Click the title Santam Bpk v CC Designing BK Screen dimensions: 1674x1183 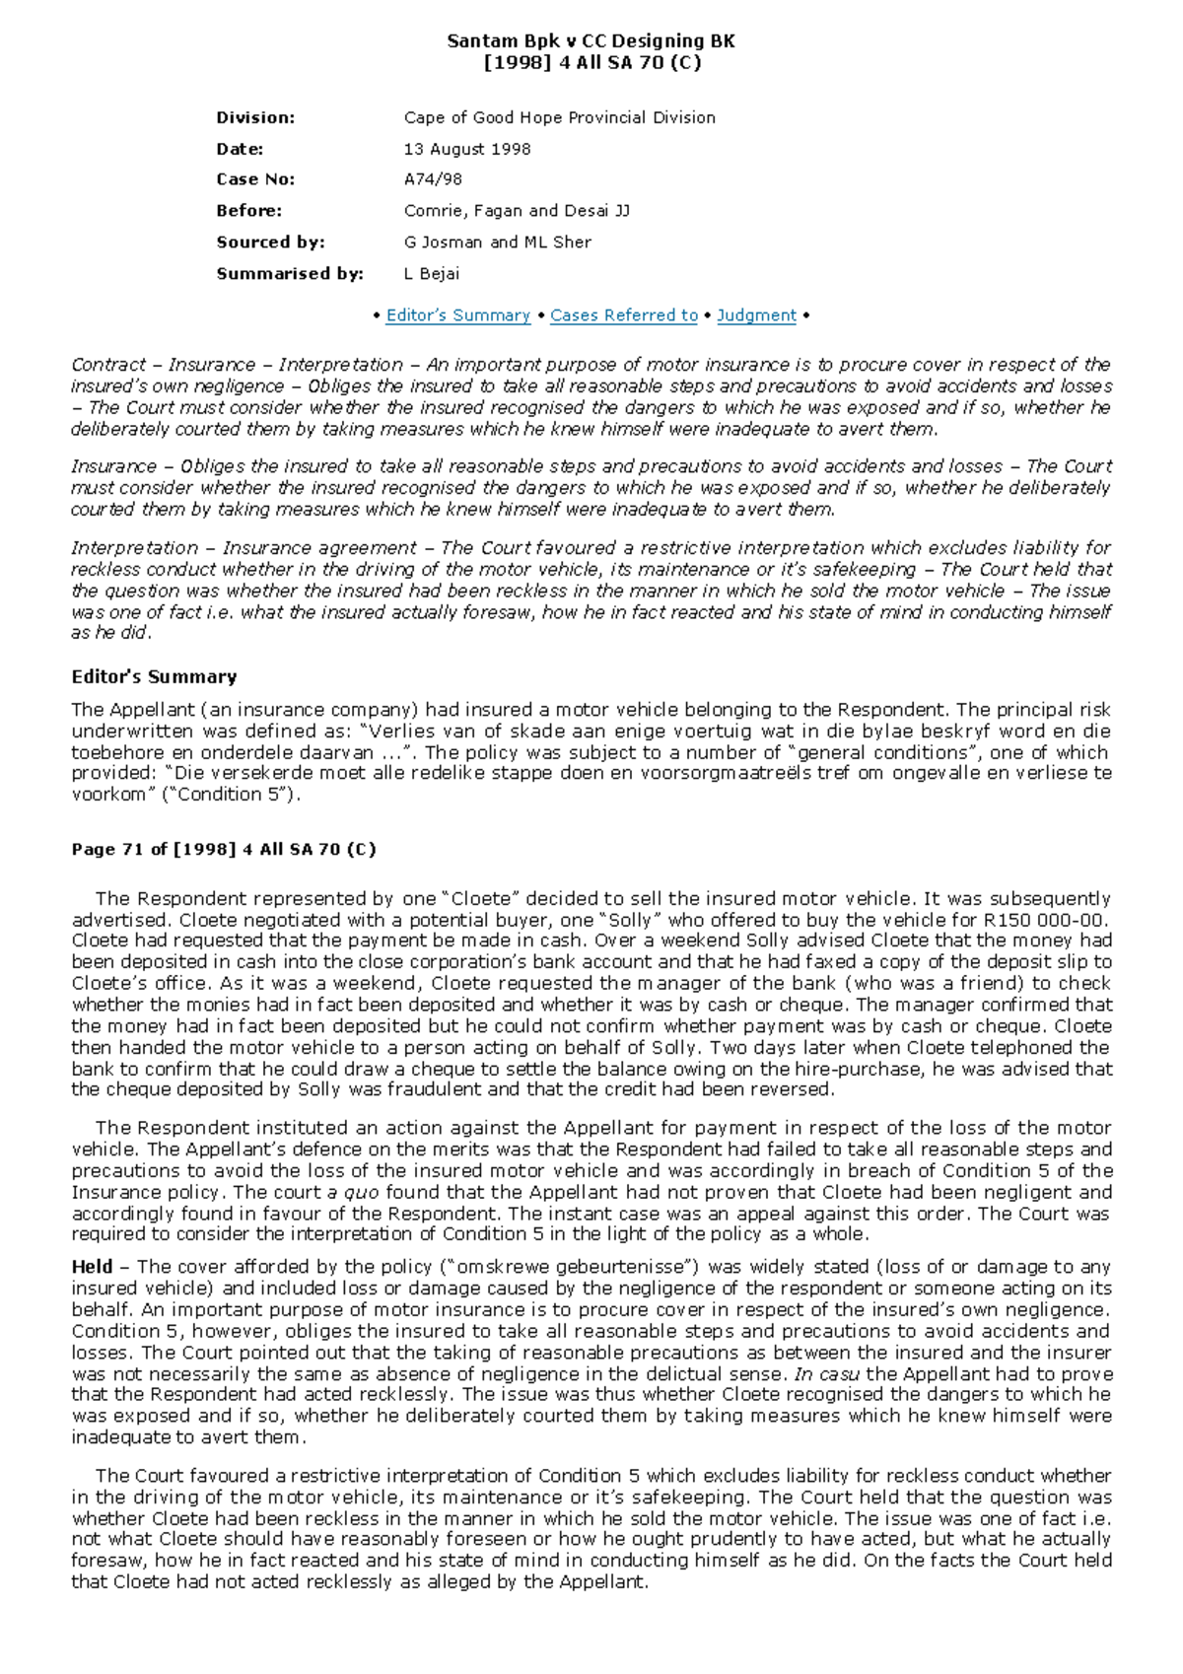(x=591, y=41)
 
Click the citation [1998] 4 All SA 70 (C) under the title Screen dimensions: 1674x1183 (x=591, y=63)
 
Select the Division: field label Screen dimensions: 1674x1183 (x=255, y=117)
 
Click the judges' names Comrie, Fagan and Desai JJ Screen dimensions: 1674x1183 (x=516, y=211)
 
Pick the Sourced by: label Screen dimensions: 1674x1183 (x=270, y=243)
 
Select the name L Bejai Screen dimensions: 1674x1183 (x=431, y=274)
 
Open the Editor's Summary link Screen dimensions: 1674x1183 (x=457, y=315)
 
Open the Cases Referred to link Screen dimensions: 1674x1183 (x=623, y=315)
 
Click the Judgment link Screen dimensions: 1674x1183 (x=756, y=315)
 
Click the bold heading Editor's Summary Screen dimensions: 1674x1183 (x=154, y=677)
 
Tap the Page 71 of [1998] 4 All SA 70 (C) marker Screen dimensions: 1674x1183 (x=224, y=850)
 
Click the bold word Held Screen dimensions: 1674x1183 (x=91, y=1267)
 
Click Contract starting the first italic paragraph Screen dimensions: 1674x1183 (x=108, y=365)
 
